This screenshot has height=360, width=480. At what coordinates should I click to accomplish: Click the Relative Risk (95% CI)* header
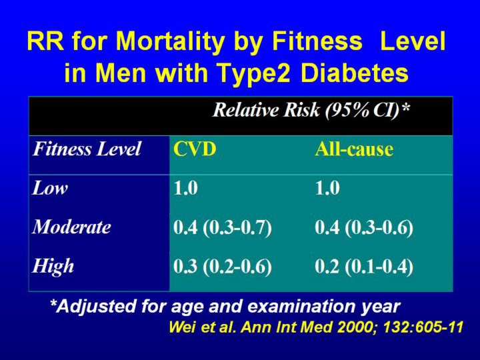coord(311,111)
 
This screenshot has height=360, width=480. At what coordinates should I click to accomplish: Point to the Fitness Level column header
coord(87,149)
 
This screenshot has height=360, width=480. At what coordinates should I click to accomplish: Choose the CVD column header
coord(195,149)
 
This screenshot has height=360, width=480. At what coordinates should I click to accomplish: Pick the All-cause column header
coord(354,149)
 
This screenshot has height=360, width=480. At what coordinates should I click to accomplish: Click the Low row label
coord(51,189)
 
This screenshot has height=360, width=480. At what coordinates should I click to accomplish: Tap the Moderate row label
coord(72,227)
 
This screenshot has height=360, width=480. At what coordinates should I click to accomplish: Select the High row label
coord(53,267)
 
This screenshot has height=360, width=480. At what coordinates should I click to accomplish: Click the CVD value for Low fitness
coord(185,189)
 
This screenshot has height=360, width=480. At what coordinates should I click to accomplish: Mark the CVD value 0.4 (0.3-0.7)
coord(223,227)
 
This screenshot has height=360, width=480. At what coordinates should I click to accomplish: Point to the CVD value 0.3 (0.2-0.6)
coord(223,267)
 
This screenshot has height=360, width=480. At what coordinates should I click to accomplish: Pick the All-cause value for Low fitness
coord(327,189)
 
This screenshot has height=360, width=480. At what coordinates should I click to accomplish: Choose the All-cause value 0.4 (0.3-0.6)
coord(364,227)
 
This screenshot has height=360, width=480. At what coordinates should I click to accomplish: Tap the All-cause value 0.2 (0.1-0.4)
coord(364,267)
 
